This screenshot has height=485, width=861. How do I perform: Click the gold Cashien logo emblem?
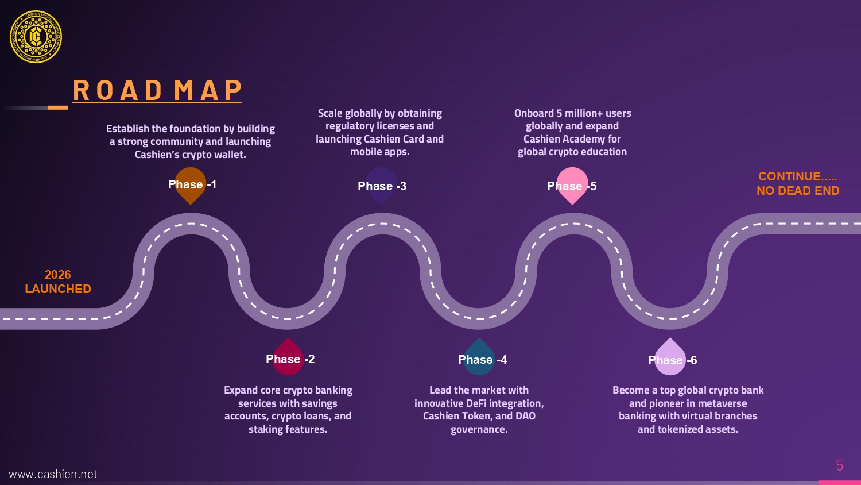point(36,37)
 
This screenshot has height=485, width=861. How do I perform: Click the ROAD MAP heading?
point(157,91)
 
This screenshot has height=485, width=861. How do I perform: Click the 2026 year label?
point(58,275)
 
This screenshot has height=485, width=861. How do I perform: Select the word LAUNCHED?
point(58,289)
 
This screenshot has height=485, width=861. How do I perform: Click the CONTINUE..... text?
point(797,176)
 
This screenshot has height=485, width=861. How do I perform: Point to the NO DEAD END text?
point(797,191)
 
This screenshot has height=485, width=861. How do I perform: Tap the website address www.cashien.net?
point(53,474)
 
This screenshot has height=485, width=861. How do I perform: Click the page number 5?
point(839,465)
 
